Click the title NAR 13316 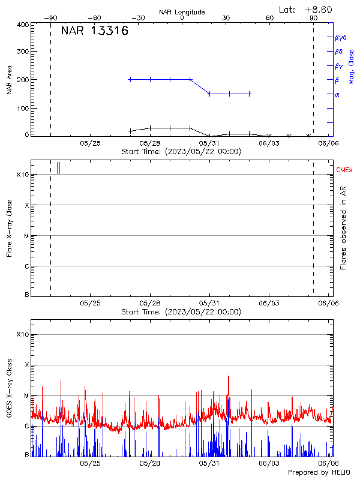pos(94,31)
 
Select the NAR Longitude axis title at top pos(182,11)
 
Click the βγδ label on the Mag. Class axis pos(341,37)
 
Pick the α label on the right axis pos(337,94)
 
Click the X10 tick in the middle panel pos(23,175)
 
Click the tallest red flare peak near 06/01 pos(229,377)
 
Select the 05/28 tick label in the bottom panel pos(150,463)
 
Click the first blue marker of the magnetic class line pos(130,79)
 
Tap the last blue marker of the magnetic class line pos(250,94)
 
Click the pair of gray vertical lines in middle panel pos(58,168)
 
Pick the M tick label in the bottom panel pos(26,395)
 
